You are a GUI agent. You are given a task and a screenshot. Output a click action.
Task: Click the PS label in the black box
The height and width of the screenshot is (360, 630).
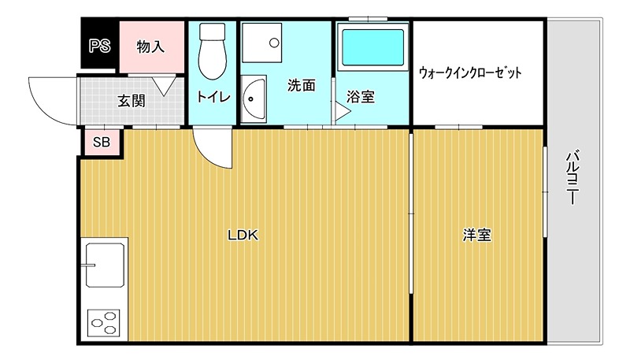click(99, 46)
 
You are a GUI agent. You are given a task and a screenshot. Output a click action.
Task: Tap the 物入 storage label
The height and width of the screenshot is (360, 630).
click(150, 46)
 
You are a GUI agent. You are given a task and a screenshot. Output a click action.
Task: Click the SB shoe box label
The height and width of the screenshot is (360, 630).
click(102, 143)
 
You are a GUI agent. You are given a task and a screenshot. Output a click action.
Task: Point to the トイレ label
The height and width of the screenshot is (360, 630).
click(213, 97)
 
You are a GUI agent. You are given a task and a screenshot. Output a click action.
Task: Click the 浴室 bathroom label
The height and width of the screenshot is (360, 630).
click(360, 97)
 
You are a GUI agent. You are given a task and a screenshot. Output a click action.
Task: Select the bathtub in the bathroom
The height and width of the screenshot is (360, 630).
click(372, 48)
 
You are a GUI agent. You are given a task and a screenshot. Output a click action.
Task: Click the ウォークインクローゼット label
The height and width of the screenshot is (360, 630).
click(471, 72)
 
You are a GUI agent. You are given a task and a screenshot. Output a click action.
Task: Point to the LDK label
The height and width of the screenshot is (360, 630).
click(243, 234)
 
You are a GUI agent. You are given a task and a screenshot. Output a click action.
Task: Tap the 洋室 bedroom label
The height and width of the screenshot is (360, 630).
click(477, 234)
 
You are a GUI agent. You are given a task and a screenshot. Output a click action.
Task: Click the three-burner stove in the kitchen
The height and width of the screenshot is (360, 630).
click(104, 322)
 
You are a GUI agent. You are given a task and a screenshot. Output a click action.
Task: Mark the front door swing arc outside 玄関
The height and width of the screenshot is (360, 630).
click(51, 98)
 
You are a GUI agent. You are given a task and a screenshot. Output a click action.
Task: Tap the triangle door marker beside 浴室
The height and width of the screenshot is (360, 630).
click(342, 112)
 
